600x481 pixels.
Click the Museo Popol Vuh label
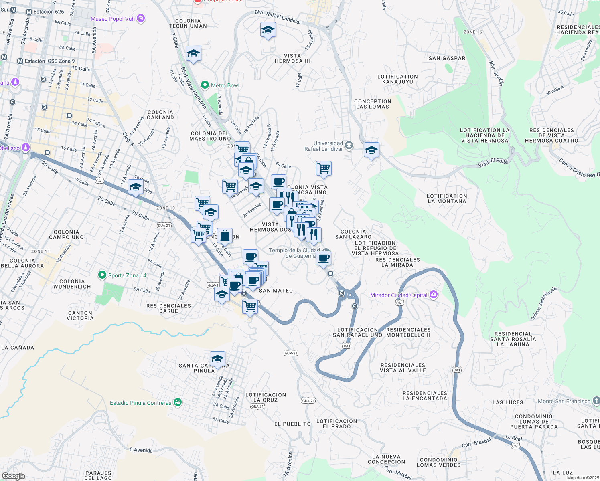coord(113,19)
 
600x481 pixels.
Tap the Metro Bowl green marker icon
coord(205,85)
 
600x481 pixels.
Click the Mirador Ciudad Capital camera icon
coord(433,295)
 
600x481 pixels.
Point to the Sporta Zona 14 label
coord(127,275)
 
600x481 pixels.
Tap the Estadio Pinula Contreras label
coord(140,403)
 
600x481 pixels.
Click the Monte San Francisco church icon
coord(596,400)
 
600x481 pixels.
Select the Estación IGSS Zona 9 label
coord(50,61)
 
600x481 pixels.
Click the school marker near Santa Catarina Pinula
coord(217,359)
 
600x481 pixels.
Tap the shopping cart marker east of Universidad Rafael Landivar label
coord(324,168)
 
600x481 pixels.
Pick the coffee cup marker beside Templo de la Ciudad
coord(324,258)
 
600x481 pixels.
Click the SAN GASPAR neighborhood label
coord(447,58)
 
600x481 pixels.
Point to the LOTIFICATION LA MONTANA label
coord(447,198)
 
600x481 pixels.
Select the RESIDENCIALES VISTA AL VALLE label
coord(403,368)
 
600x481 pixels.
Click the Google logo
coord(13,476)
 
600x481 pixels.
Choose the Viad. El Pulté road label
coord(493,163)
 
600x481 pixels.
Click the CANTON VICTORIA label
coord(80,315)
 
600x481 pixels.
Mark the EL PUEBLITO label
coord(292,424)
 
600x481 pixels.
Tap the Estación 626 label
coord(49,12)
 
